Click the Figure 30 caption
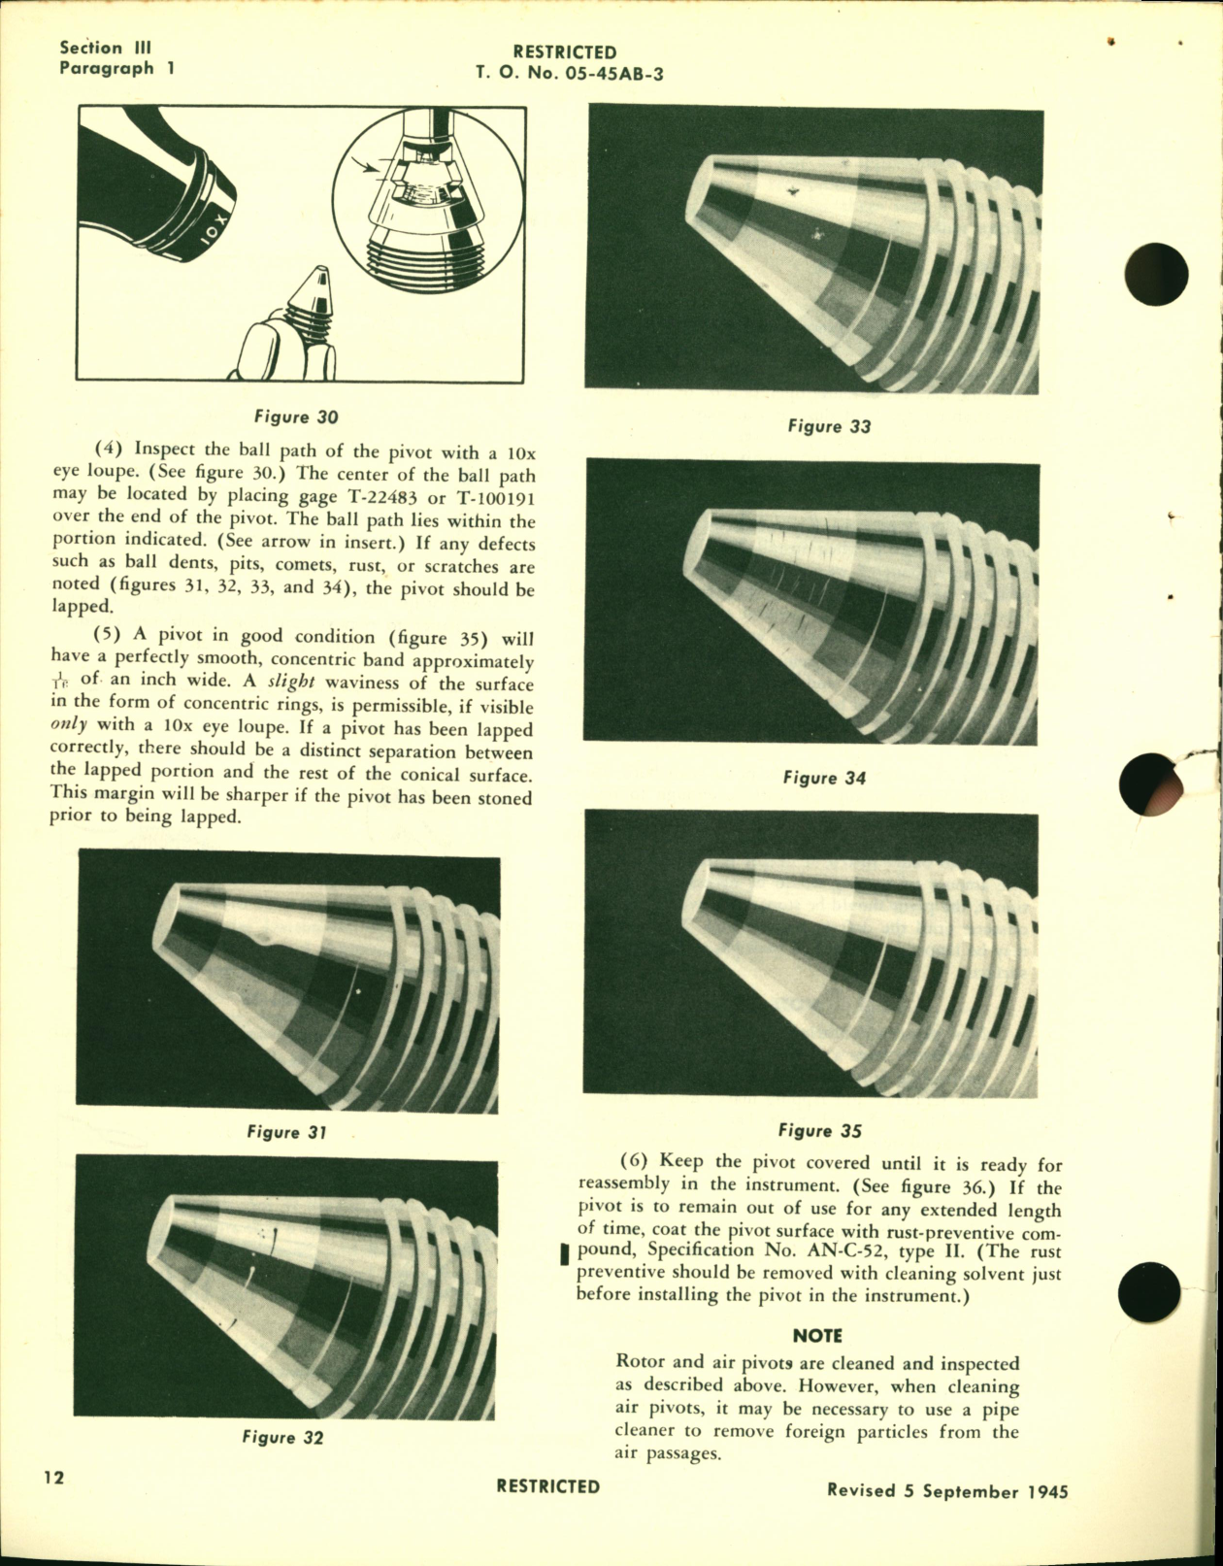point(296,417)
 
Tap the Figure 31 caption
point(286,1132)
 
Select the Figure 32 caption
point(282,1438)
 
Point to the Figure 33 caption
point(829,426)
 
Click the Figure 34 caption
point(823,778)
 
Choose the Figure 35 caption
point(819,1130)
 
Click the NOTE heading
point(817,1336)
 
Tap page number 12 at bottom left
point(53,1505)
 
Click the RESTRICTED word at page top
point(564,52)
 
